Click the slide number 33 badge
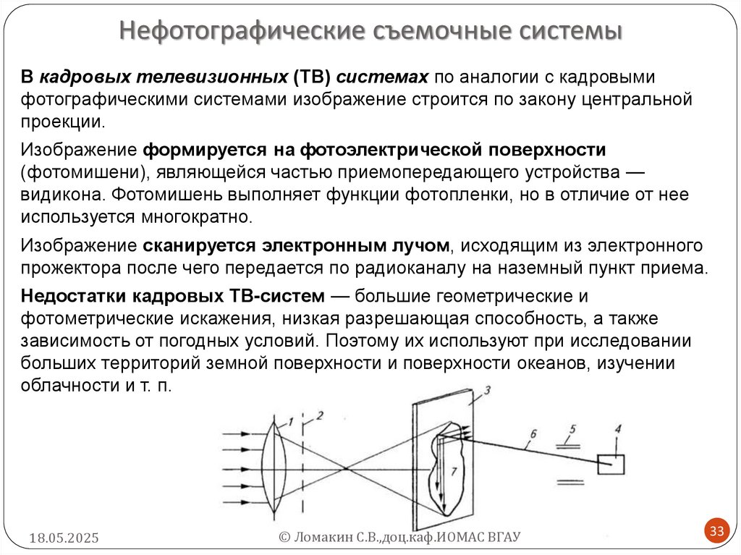pos(716,532)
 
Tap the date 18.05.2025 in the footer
pos(64,538)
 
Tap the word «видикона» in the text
pos(64,195)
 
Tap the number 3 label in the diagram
pos(487,391)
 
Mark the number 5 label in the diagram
pos(572,431)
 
